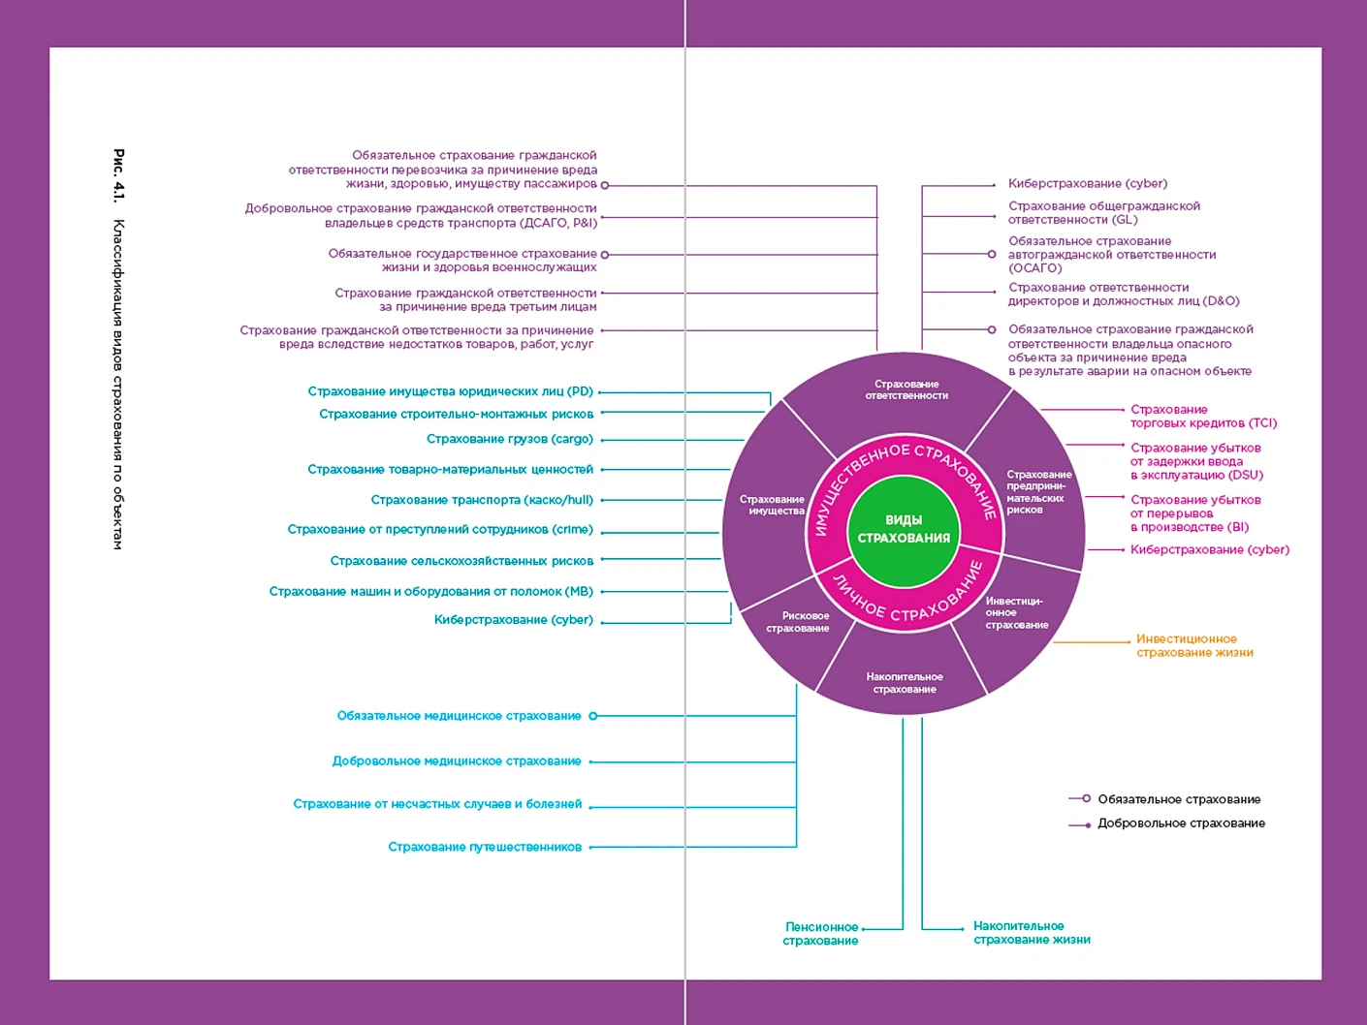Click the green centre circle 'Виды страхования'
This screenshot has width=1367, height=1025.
coord(904,529)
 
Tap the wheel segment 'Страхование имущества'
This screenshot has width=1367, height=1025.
coord(772,505)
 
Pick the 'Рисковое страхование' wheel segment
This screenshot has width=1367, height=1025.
coord(797,622)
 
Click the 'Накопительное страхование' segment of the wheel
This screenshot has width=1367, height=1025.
coord(904,683)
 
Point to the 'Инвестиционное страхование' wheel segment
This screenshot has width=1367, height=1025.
coord(1015,613)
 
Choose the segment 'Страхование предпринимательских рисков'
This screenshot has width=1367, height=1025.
coord(1037,491)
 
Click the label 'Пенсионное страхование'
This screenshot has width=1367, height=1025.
coord(821,934)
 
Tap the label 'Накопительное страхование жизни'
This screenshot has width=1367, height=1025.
coord(1032,933)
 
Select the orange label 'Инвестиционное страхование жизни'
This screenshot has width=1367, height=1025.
coord(1193,646)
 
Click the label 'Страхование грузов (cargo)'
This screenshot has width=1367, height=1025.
coord(509,439)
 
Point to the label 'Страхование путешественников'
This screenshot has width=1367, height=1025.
coord(485,847)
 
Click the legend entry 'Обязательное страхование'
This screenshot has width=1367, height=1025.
coord(1178,799)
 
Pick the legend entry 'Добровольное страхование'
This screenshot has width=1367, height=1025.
coord(1180,823)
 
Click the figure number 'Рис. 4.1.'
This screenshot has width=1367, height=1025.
coord(118,175)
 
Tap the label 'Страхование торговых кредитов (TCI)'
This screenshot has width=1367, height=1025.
coord(1202,417)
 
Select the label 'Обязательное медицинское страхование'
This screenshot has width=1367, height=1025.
coord(459,716)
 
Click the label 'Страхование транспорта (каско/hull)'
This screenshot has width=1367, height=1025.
coord(482,500)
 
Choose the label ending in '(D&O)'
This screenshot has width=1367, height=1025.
coord(1123,295)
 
